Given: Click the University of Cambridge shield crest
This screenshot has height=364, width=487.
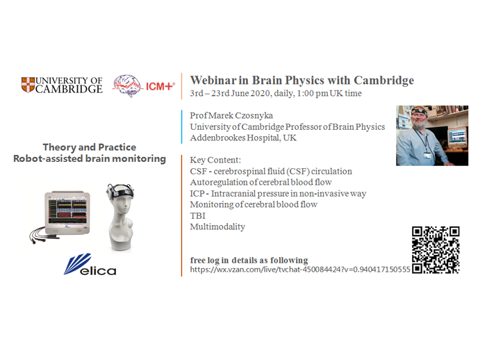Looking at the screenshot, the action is coord(28,85).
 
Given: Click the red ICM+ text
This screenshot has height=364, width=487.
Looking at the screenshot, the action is coord(160,86).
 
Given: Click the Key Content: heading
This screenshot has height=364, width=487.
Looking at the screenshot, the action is coord(215,160).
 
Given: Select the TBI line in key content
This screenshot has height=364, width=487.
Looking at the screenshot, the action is coord(198,216).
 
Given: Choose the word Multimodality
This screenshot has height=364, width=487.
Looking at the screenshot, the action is coord(217,226).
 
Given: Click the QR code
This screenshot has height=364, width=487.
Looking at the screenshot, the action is coord(436,250).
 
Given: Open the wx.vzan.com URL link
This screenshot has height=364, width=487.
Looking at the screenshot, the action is coord(300,270).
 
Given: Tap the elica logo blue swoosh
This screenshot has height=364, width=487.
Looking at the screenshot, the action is coord(78,263).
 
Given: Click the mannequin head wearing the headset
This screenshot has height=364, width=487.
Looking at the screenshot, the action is coord(121,217).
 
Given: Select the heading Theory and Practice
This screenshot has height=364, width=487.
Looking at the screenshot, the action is coord(90,147).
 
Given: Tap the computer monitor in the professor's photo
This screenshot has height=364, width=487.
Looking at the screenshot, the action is coord(456,136).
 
